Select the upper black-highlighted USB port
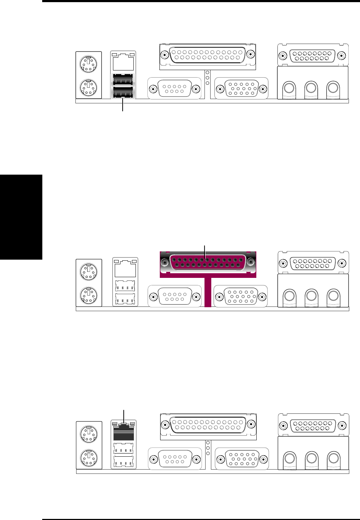click(123, 79)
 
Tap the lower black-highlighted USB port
click(123, 92)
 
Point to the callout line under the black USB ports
click(123, 106)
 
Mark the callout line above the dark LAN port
click(124, 415)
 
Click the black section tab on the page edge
click(21, 217)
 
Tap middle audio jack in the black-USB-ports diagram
click(311, 88)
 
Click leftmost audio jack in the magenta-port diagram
click(289, 296)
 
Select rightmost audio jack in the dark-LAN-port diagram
click(333, 458)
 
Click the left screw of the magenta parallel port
click(165, 262)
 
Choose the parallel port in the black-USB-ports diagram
click(207, 55)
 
